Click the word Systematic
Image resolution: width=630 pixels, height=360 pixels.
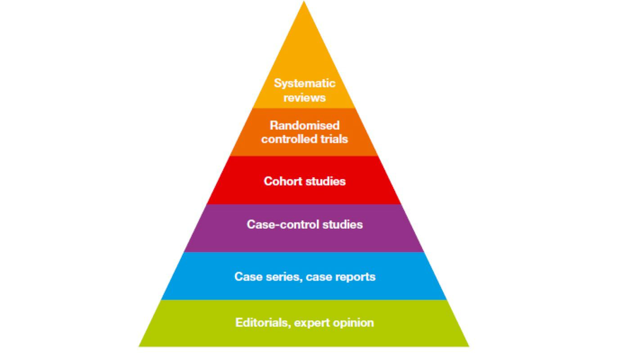coord(304,83)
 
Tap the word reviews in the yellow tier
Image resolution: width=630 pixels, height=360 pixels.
coord(304,98)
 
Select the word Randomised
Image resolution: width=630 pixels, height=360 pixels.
coord(304,125)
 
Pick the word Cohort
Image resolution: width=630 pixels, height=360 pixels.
coord(282,181)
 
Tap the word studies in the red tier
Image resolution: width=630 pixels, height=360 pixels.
coord(324,181)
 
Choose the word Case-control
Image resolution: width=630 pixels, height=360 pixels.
coord(281,224)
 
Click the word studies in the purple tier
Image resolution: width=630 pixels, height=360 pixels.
coord(341,224)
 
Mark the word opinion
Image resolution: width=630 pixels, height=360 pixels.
coord(353,323)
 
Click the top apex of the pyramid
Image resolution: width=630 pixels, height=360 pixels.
coord(304,3)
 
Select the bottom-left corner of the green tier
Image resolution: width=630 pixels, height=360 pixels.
coord(139,346)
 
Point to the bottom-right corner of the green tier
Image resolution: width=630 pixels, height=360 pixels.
coord(469,346)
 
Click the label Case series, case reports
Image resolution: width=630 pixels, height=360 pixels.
coord(305,277)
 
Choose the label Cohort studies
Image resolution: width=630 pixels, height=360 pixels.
coord(305,181)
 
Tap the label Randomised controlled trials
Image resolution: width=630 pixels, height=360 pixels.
coord(304,132)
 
